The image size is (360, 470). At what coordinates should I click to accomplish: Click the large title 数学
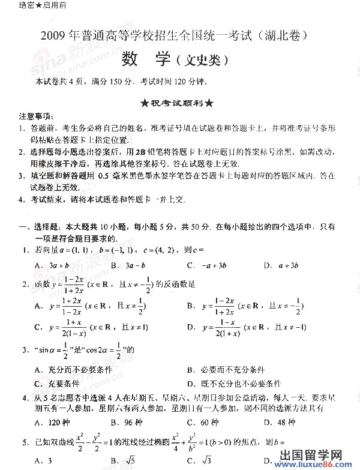pyautogui.click(x=146, y=59)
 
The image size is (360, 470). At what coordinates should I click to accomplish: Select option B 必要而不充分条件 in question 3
pyautogui.click(x=226, y=370)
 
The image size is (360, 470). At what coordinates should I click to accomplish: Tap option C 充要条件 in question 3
pyautogui.click(x=56, y=384)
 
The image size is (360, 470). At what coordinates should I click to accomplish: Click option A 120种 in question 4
pyautogui.click(x=52, y=423)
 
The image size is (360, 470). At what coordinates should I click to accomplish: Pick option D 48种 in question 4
pyautogui.click(x=279, y=423)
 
